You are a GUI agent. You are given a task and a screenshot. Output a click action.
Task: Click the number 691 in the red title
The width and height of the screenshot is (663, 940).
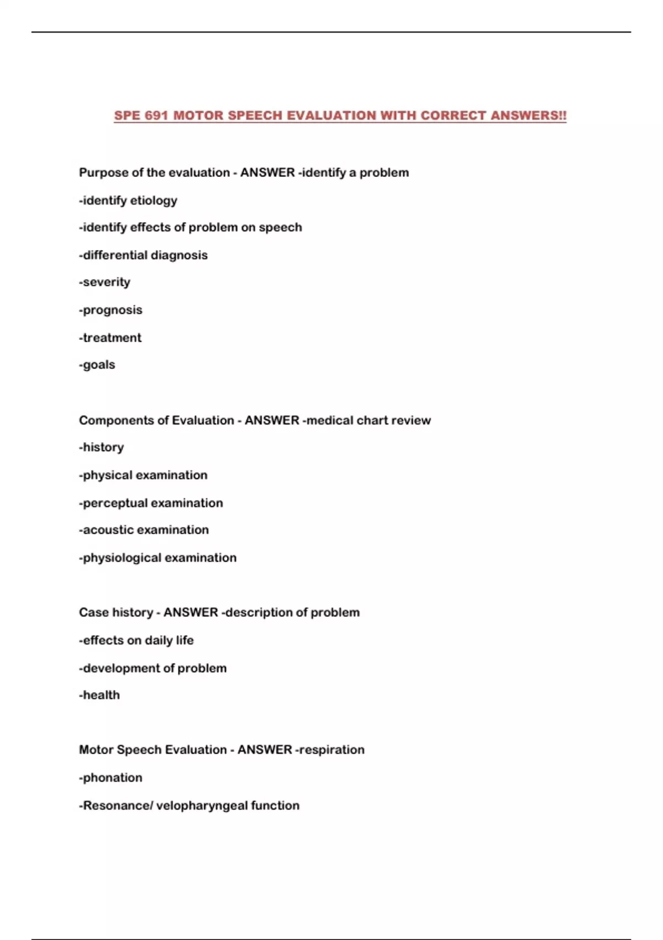click(x=156, y=116)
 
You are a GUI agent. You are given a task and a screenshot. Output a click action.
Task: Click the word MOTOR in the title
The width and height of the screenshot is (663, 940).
click(x=198, y=116)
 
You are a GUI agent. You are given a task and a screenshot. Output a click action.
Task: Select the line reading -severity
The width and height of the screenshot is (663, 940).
click(x=105, y=282)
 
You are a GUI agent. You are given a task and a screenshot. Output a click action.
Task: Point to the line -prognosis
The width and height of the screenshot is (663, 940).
click(x=110, y=310)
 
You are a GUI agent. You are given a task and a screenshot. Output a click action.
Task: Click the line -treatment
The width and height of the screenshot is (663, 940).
click(x=110, y=337)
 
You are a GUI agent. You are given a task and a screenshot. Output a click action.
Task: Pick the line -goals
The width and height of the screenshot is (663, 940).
click(x=97, y=364)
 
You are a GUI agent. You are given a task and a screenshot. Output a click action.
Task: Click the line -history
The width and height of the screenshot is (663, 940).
click(x=102, y=447)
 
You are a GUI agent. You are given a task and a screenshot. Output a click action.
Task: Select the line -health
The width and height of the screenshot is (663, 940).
click(x=99, y=695)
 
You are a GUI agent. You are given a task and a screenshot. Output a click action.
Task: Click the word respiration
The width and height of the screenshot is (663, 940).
click(x=331, y=750)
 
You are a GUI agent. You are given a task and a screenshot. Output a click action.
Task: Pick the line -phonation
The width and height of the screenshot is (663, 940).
click(x=111, y=777)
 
